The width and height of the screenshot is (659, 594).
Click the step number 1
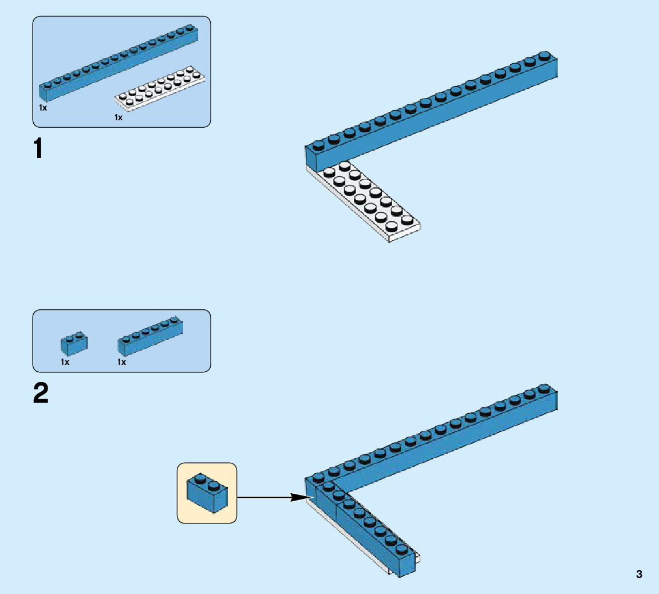(39, 150)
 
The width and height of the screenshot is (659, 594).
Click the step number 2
(41, 394)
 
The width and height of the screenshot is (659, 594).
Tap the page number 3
(639, 575)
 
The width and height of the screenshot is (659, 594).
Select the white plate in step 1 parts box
(160, 89)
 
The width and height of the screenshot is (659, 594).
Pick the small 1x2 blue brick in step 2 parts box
(74, 343)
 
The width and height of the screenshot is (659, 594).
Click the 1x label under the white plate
(119, 117)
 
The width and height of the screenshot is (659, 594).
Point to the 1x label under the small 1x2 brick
(65, 362)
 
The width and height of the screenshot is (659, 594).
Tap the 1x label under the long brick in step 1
(43, 107)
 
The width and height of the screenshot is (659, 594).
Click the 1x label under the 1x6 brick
(121, 362)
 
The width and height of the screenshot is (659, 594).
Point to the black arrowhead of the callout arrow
(301, 497)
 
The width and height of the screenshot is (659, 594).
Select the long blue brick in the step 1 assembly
(429, 109)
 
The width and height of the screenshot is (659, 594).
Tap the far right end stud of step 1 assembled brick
(544, 56)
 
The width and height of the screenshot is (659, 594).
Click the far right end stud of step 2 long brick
(544, 388)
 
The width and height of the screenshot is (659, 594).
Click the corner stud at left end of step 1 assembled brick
(318, 144)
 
